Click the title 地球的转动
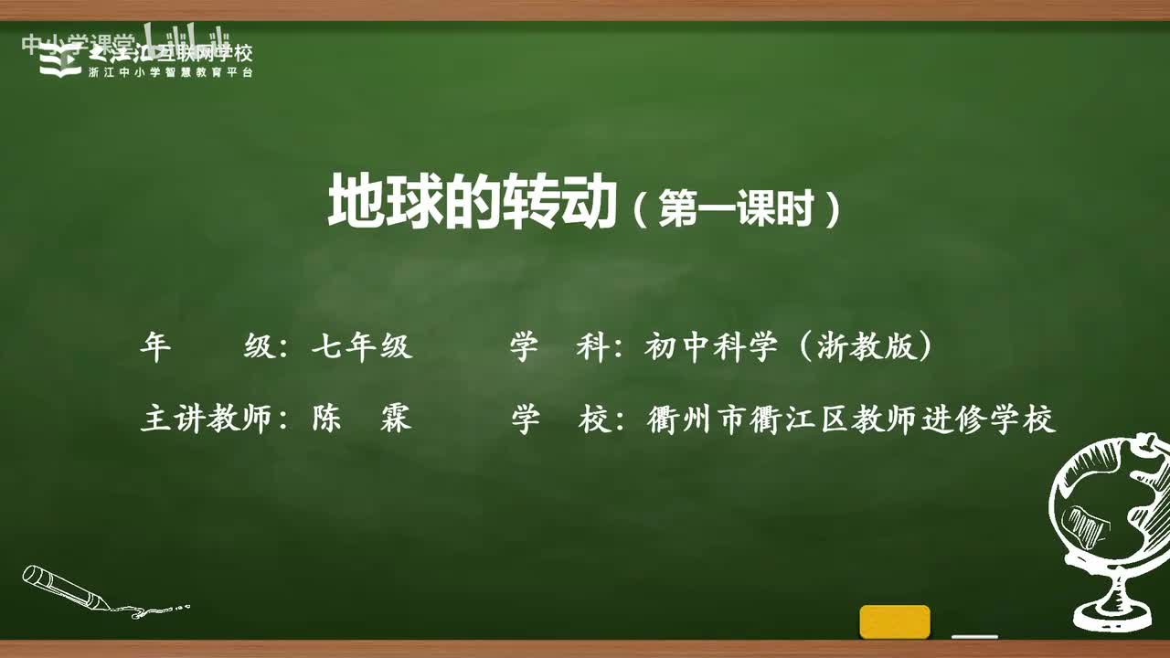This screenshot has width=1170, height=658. click(x=473, y=203)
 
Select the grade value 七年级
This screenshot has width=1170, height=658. click(x=362, y=347)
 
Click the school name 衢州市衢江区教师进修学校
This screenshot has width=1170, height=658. click(x=850, y=419)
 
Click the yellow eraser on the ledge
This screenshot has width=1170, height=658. click(x=894, y=621)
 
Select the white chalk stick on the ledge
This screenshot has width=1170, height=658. click(x=974, y=635)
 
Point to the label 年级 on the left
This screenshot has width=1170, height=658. click(x=207, y=347)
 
